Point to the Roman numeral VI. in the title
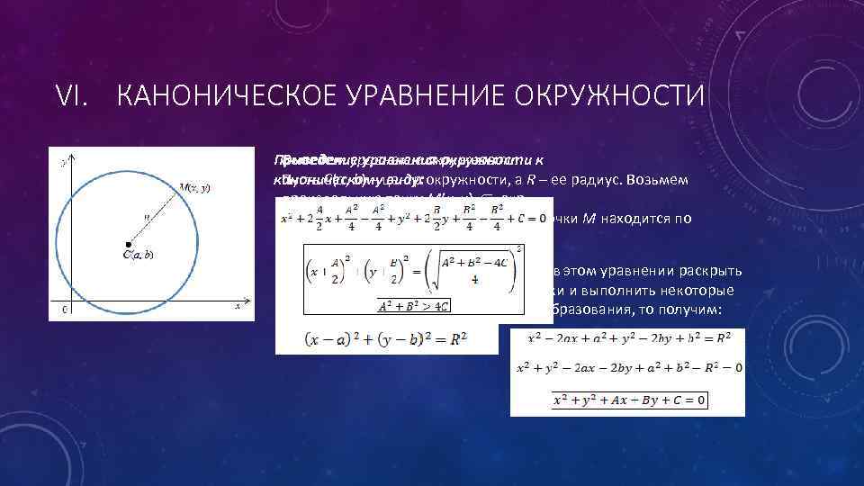[76, 94]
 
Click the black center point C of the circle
[129, 244]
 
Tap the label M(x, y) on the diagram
[193, 187]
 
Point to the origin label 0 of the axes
[62, 310]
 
